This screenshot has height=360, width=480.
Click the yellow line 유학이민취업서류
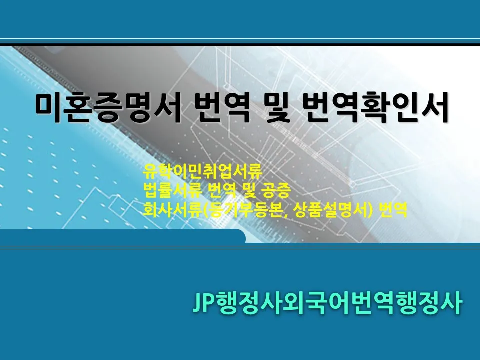tap(202, 173)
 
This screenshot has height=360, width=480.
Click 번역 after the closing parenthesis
tap(394, 209)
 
